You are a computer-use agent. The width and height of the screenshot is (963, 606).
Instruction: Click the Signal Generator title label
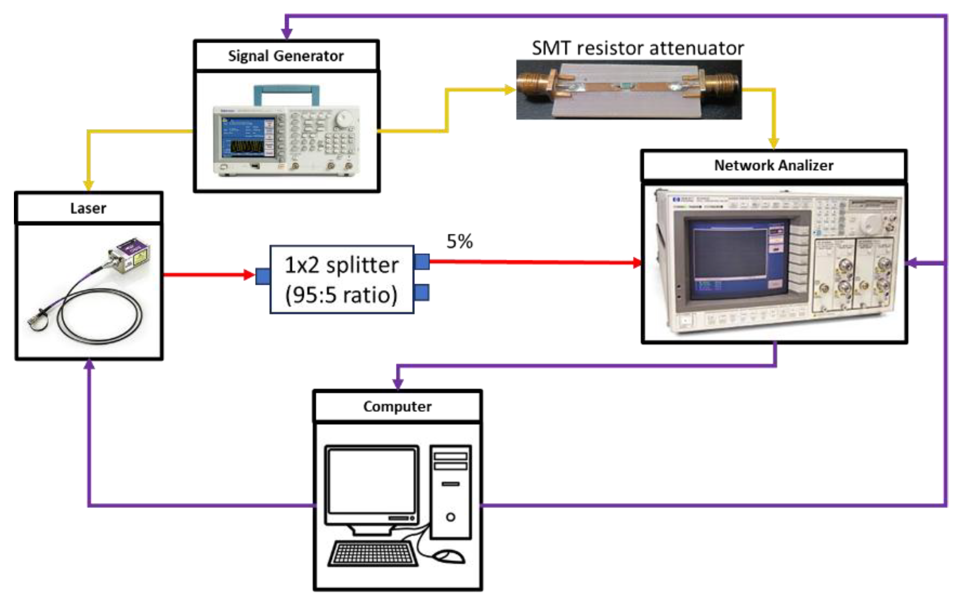pyautogui.click(x=286, y=56)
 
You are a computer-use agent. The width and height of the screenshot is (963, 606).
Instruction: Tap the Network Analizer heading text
pyautogui.click(x=773, y=165)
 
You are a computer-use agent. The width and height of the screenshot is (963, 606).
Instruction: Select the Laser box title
pyautogui.click(x=88, y=208)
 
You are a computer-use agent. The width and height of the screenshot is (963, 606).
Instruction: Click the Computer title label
pyautogui.click(x=397, y=406)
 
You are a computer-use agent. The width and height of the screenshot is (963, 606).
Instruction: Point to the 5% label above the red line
pyautogui.click(x=460, y=241)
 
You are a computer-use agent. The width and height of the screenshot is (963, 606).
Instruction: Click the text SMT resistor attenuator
pyautogui.click(x=638, y=48)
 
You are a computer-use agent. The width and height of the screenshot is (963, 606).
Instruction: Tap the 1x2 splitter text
pyautogui.click(x=342, y=265)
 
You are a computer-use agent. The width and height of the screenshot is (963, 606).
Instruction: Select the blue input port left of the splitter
pyautogui.click(x=263, y=276)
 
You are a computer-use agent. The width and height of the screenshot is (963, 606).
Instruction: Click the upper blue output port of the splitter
pyautogui.click(x=422, y=262)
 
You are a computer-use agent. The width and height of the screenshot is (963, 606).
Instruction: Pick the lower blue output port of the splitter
pyautogui.click(x=422, y=292)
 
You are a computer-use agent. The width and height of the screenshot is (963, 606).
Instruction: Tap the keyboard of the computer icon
pyautogui.click(x=373, y=553)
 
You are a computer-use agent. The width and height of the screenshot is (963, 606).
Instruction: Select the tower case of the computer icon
pyautogui.click(x=451, y=491)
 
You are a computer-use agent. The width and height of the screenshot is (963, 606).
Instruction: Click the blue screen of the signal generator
pyautogui.click(x=248, y=137)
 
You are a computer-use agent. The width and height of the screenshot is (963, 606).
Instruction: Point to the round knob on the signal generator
pyautogui.click(x=344, y=118)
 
